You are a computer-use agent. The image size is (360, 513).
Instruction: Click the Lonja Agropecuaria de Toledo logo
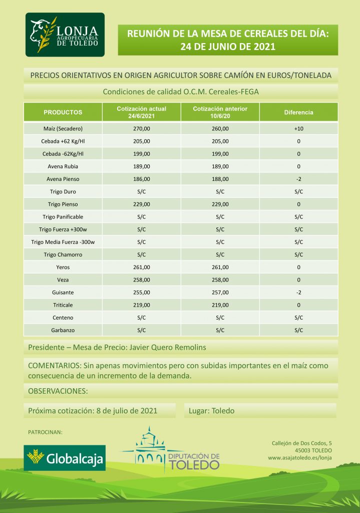coord(65,35)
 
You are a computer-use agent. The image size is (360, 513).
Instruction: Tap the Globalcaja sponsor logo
coord(65,457)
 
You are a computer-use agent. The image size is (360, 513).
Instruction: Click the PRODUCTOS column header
coord(63,112)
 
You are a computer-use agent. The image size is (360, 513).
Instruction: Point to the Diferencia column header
coord(298,112)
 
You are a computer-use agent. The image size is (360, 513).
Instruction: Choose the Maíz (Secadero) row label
coord(63,129)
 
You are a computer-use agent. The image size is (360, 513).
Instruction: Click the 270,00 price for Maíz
coord(142,129)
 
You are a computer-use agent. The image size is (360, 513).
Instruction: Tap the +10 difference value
coord(299,129)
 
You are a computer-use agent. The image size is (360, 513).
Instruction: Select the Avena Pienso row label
coord(63,179)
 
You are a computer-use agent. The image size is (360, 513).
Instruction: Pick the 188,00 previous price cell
coord(220,179)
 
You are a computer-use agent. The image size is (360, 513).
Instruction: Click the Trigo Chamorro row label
coord(63,254)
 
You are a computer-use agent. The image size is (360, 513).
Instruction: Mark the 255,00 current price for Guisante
coord(142,292)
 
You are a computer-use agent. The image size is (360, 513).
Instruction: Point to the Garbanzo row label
coord(63,330)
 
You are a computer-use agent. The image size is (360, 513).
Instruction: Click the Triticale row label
coord(63,305)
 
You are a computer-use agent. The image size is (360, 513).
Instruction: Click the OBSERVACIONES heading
coord(58,390)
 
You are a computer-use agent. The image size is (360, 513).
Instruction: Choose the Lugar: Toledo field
coord(212,411)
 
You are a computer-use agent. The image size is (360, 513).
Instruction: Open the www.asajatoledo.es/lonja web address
coord(300,457)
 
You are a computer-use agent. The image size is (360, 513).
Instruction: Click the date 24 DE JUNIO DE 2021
coord(228,47)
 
